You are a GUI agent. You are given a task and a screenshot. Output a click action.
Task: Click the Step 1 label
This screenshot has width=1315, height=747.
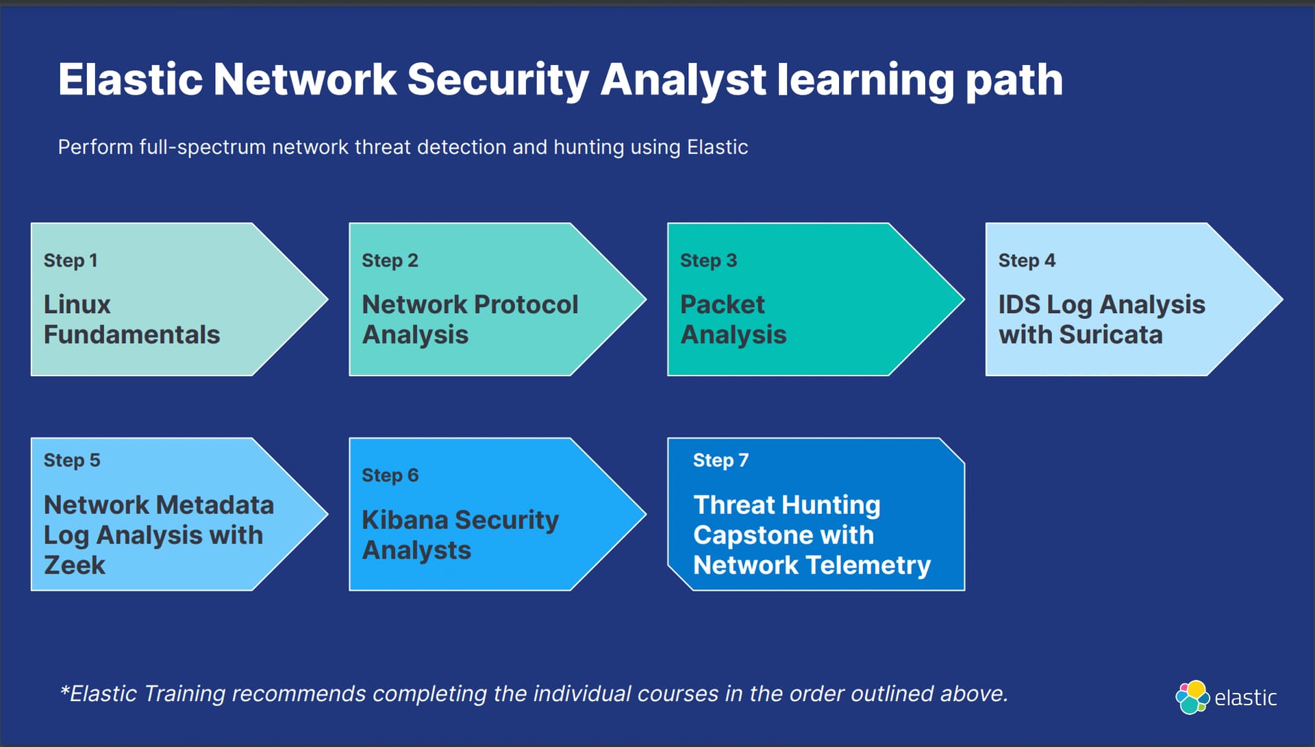71,261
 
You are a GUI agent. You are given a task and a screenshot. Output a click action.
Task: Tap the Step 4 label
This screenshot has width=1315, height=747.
1027,261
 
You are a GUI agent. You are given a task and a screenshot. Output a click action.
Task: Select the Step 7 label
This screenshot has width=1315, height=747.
721,461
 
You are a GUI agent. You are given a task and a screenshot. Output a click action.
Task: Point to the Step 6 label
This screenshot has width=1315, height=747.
390,476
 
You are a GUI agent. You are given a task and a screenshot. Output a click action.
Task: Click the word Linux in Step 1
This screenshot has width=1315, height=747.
77,304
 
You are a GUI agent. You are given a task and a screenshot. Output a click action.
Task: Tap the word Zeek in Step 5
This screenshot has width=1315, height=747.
75,565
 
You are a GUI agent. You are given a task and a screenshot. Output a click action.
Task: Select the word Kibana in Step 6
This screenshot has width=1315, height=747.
405,519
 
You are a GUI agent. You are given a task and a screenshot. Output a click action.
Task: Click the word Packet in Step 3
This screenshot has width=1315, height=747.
722,304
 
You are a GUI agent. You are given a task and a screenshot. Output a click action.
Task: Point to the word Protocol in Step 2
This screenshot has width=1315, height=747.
526,304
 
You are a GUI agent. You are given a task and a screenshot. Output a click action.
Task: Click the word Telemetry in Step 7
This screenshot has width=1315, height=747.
868,565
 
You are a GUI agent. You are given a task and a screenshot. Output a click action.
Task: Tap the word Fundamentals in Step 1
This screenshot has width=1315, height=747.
131,334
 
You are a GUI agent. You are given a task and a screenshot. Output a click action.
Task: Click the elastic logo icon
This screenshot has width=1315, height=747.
1192,697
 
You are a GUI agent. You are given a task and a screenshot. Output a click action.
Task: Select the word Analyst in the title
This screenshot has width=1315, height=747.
683,80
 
